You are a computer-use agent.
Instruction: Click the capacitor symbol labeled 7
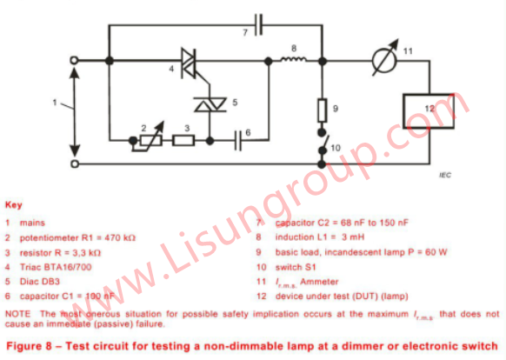258,24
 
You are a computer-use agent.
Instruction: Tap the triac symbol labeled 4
189,63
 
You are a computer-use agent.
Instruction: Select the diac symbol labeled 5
210,104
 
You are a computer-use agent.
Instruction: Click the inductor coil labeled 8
293,59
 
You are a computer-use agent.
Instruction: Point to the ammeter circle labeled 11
384,60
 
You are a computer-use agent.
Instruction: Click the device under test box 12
429,111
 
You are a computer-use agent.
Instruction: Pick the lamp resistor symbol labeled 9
322,110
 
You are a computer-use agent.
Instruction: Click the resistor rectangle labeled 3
183,141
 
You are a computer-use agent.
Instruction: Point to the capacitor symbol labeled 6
238,141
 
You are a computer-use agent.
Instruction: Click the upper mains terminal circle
74,60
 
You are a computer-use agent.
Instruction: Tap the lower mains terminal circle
75,164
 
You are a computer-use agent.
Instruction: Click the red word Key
14,205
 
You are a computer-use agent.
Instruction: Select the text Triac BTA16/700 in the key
56,267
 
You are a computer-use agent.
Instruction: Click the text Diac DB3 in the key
40,282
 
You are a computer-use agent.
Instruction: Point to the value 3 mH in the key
353,237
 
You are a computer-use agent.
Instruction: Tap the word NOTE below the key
17,314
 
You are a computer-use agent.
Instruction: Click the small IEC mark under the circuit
445,176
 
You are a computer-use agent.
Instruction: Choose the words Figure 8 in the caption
29,346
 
